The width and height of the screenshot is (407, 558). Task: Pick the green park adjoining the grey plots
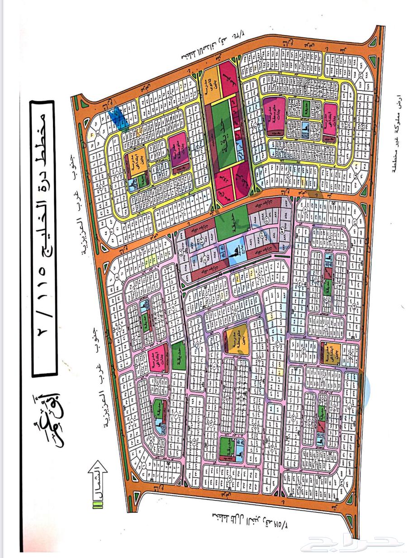click(232, 221)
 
